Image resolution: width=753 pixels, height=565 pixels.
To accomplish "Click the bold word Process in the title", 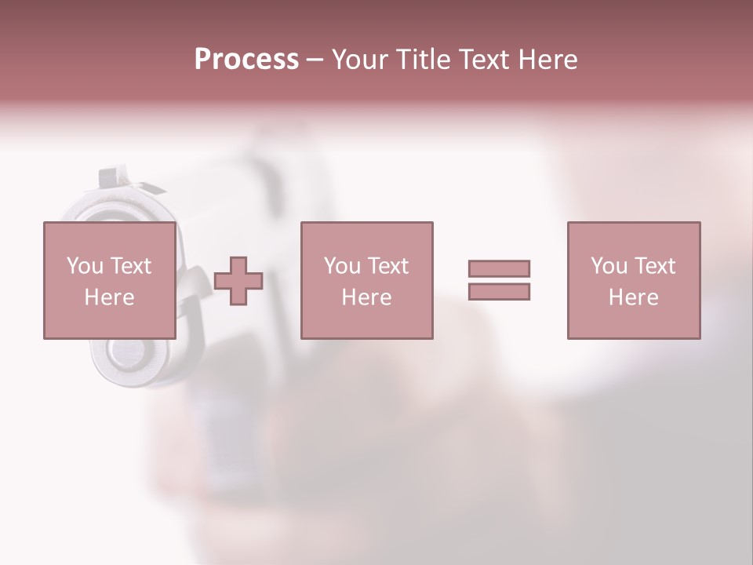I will [x=246, y=59].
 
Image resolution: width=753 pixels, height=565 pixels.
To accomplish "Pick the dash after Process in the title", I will [x=315, y=60].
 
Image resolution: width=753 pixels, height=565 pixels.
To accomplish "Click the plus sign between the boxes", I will [x=238, y=280].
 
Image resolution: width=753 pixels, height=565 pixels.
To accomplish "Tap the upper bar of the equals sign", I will [x=499, y=268].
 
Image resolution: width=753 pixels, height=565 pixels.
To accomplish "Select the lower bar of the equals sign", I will [x=499, y=291].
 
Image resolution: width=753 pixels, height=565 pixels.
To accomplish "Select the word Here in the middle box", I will [x=366, y=297].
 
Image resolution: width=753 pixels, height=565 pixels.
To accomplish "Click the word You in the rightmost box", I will [x=609, y=266].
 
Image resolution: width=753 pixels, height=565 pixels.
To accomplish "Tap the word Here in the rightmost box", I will [x=633, y=297].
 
